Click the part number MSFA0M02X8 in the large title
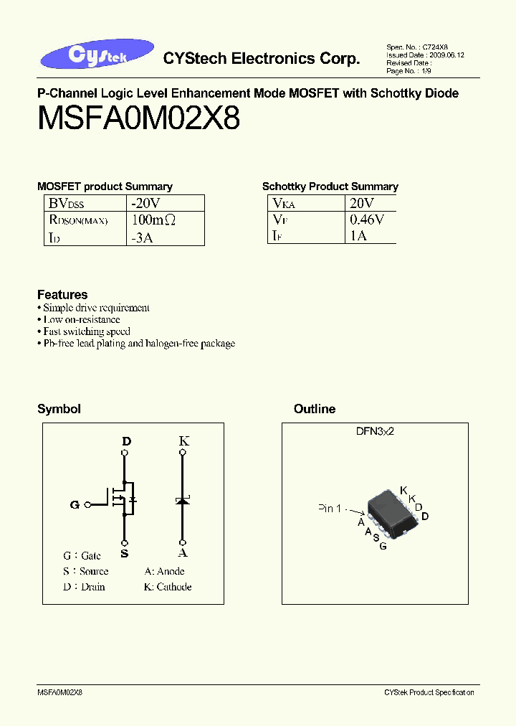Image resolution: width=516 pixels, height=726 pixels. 138,118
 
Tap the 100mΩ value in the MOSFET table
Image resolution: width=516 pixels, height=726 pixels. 153,220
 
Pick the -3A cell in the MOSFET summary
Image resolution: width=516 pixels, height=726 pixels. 142,237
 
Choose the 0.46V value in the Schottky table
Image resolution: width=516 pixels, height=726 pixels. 367,220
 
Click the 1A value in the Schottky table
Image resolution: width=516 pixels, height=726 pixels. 358,236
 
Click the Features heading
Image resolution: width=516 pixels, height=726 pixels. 62,295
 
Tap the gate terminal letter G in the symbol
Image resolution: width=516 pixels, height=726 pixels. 75,504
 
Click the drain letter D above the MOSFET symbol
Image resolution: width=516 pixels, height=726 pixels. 126,442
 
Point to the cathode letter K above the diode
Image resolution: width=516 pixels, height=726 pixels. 183,441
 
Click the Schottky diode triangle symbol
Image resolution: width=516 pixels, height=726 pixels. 183,501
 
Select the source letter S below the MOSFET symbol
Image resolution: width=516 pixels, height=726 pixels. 125,553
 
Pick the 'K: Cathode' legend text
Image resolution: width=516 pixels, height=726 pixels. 168,587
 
